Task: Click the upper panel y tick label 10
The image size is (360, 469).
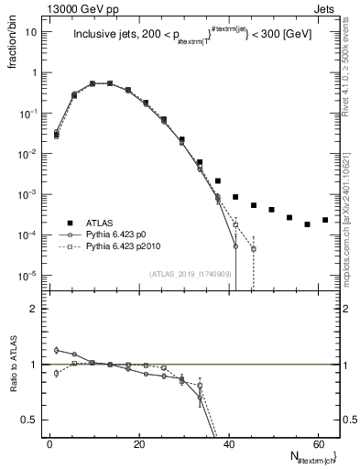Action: (x=31, y=32)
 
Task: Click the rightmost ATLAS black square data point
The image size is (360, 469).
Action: (x=325, y=220)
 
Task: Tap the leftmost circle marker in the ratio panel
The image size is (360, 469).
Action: (x=56, y=350)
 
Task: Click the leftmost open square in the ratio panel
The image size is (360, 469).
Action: (x=56, y=373)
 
